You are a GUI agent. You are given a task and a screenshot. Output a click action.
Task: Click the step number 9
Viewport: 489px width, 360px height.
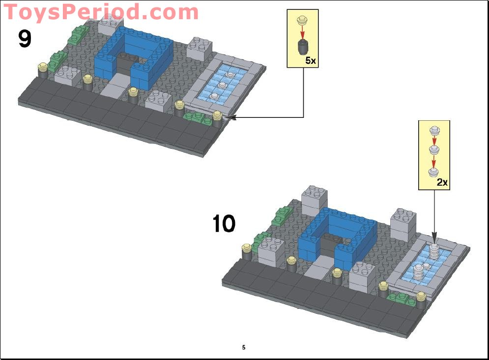tap(25, 39)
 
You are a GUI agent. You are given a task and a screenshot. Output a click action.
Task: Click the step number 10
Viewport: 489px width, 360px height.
tap(224, 224)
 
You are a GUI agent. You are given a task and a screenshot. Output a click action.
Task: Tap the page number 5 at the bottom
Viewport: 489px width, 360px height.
tap(243, 347)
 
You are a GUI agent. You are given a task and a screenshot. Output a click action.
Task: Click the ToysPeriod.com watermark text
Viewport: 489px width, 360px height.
tap(101, 12)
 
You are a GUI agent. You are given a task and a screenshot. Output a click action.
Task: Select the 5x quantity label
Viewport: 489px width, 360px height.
tap(311, 60)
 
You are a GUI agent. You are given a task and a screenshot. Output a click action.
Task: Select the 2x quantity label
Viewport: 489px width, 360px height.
tap(442, 182)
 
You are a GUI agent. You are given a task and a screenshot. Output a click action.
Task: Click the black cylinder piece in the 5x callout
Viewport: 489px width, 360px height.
tap(303, 48)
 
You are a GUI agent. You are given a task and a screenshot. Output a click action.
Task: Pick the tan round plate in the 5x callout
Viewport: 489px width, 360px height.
tap(303, 21)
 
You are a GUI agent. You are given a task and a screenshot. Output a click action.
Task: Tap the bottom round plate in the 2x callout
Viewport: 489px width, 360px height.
tap(433, 172)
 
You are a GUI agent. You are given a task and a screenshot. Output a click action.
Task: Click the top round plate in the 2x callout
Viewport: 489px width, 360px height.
tap(433, 130)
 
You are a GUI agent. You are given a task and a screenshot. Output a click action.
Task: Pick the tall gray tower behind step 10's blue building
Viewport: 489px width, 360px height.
tap(315, 200)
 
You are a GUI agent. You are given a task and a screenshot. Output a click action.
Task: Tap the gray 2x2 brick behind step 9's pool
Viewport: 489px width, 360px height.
tap(200, 48)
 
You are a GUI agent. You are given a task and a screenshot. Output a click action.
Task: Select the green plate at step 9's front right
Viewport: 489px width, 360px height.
tap(195, 117)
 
